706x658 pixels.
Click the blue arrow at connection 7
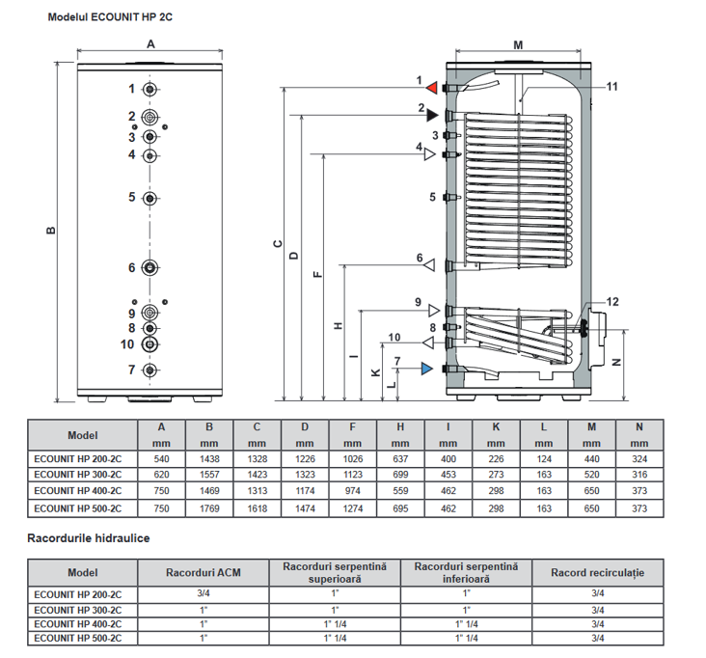pos(427,369)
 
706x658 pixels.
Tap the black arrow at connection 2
pos(433,115)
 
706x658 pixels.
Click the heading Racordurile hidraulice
pos(89,536)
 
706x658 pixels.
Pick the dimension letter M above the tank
pos(517,44)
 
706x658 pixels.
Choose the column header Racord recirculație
pos(597,573)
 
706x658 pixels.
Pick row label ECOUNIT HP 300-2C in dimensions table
pos(77,476)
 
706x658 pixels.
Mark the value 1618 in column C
pos(257,507)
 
